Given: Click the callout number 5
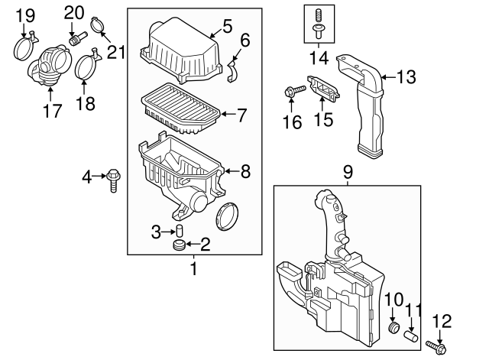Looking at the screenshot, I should (x=225, y=28).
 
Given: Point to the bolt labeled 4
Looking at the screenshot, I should (x=114, y=181).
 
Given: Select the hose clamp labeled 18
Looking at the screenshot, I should (x=88, y=66).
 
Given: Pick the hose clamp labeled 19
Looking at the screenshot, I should (x=27, y=47).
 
